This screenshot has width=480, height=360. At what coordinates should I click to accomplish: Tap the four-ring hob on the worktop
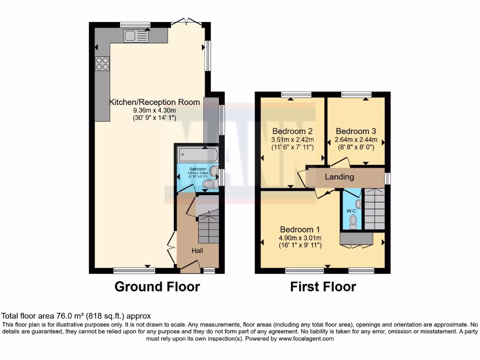102,63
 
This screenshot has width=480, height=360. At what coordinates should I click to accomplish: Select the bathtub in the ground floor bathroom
197,154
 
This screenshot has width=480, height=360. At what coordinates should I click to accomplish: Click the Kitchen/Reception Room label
155,102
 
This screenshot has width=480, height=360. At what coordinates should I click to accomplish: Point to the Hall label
197,251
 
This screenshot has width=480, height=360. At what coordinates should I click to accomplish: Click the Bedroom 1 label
300,230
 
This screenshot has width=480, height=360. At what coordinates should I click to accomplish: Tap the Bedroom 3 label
356,131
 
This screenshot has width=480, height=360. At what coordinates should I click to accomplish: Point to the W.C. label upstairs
352,211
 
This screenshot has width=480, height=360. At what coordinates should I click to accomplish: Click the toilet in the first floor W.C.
353,225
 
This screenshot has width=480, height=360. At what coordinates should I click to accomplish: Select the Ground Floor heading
157,286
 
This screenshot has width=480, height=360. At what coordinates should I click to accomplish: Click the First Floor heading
323,286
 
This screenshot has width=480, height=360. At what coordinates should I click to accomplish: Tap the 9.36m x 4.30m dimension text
154,111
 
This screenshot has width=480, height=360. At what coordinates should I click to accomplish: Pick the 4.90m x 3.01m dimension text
300,238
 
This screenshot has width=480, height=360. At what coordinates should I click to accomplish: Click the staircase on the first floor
375,209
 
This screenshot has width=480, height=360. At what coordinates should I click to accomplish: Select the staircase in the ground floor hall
208,227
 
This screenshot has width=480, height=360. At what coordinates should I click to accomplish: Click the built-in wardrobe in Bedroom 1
356,239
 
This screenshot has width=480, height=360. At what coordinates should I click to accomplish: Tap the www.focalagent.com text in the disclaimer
306,338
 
